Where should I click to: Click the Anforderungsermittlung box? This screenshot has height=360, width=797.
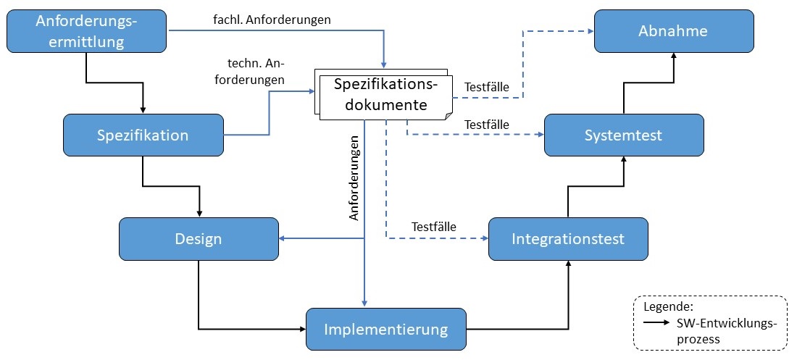[87, 32]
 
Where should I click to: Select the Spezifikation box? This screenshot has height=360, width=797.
[143, 135]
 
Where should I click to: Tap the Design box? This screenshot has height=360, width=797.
[198, 239]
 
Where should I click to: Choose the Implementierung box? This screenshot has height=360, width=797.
[385, 330]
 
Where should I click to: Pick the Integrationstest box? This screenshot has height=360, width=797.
[567, 238]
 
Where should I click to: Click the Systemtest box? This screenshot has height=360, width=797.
[624, 135]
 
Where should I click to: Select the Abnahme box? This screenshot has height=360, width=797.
[673, 31]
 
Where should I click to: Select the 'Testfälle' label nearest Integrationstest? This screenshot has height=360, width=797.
[433, 227]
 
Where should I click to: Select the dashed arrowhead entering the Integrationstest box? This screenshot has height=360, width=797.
[484, 238]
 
